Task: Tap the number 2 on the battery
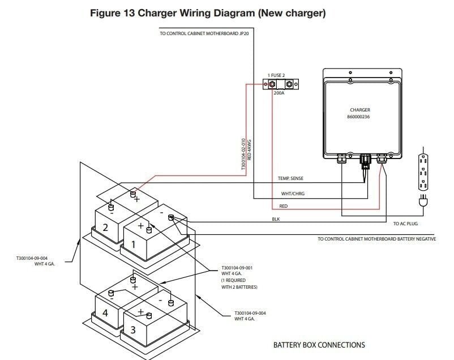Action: (105, 228)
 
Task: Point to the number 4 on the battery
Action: (105, 312)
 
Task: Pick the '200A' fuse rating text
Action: (279, 93)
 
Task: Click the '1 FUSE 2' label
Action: (277, 75)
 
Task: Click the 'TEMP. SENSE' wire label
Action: (290, 178)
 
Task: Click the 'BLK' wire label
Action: (276, 219)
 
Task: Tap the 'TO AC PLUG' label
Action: (405, 224)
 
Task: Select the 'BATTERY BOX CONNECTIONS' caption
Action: (319, 345)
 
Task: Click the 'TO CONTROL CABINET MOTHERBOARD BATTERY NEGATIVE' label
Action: (376, 239)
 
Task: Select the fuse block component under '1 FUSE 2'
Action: (281, 84)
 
